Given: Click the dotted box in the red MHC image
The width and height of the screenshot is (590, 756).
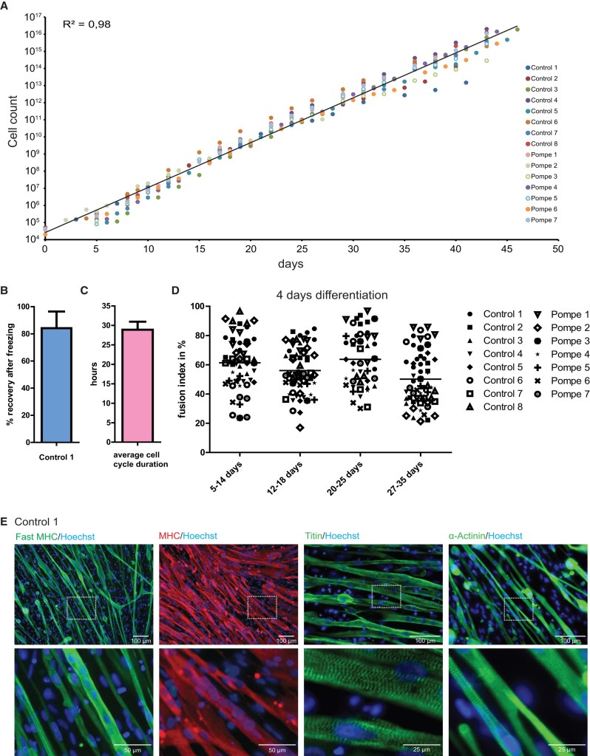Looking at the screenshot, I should click(x=262, y=606).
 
